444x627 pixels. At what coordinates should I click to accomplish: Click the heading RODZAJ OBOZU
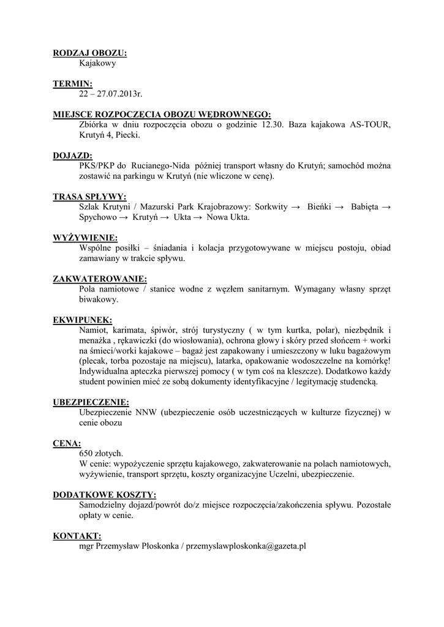[x=90, y=53]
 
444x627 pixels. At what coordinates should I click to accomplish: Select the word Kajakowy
[x=97, y=63]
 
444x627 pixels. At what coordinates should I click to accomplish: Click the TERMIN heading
[x=73, y=84]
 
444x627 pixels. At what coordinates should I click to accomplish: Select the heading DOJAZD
[x=73, y=156]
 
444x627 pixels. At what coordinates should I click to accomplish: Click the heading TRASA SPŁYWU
[x=90, y=197]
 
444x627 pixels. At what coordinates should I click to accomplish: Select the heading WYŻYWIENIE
[x=86, y=238]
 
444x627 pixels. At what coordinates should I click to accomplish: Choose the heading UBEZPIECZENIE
[x=91, y=402]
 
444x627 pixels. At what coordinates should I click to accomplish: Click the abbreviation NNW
[x=147, y=412]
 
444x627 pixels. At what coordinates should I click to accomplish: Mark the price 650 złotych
[x=101, y=453]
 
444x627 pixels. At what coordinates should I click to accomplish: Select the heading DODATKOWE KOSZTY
[x=104, y=495]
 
